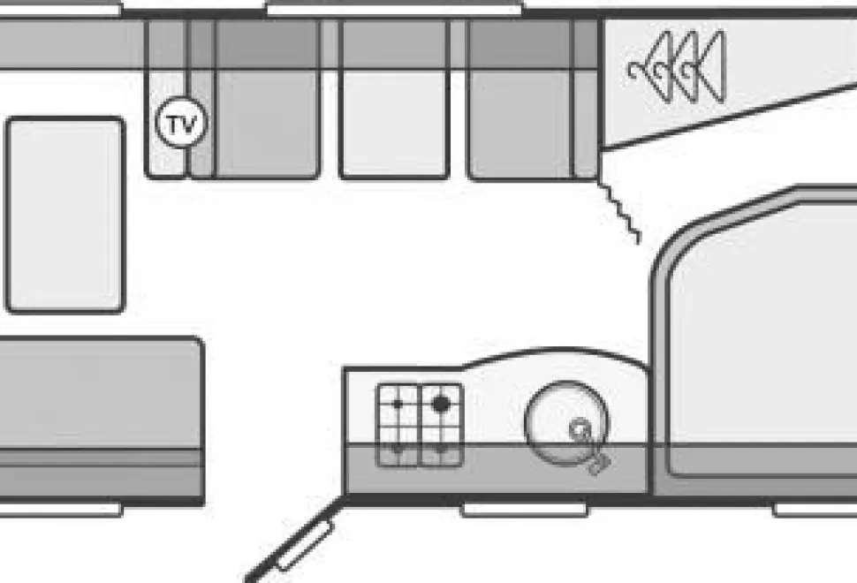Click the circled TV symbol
181,123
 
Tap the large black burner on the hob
441,405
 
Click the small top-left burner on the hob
398,405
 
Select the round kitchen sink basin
565,423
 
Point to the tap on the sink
589,445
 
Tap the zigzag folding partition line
620,212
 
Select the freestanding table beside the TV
65,215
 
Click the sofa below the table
102,420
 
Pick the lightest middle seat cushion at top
393,98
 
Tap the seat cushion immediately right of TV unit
268,98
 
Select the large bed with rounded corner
755,339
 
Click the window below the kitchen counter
525,510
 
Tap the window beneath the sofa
60,510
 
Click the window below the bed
815,510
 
